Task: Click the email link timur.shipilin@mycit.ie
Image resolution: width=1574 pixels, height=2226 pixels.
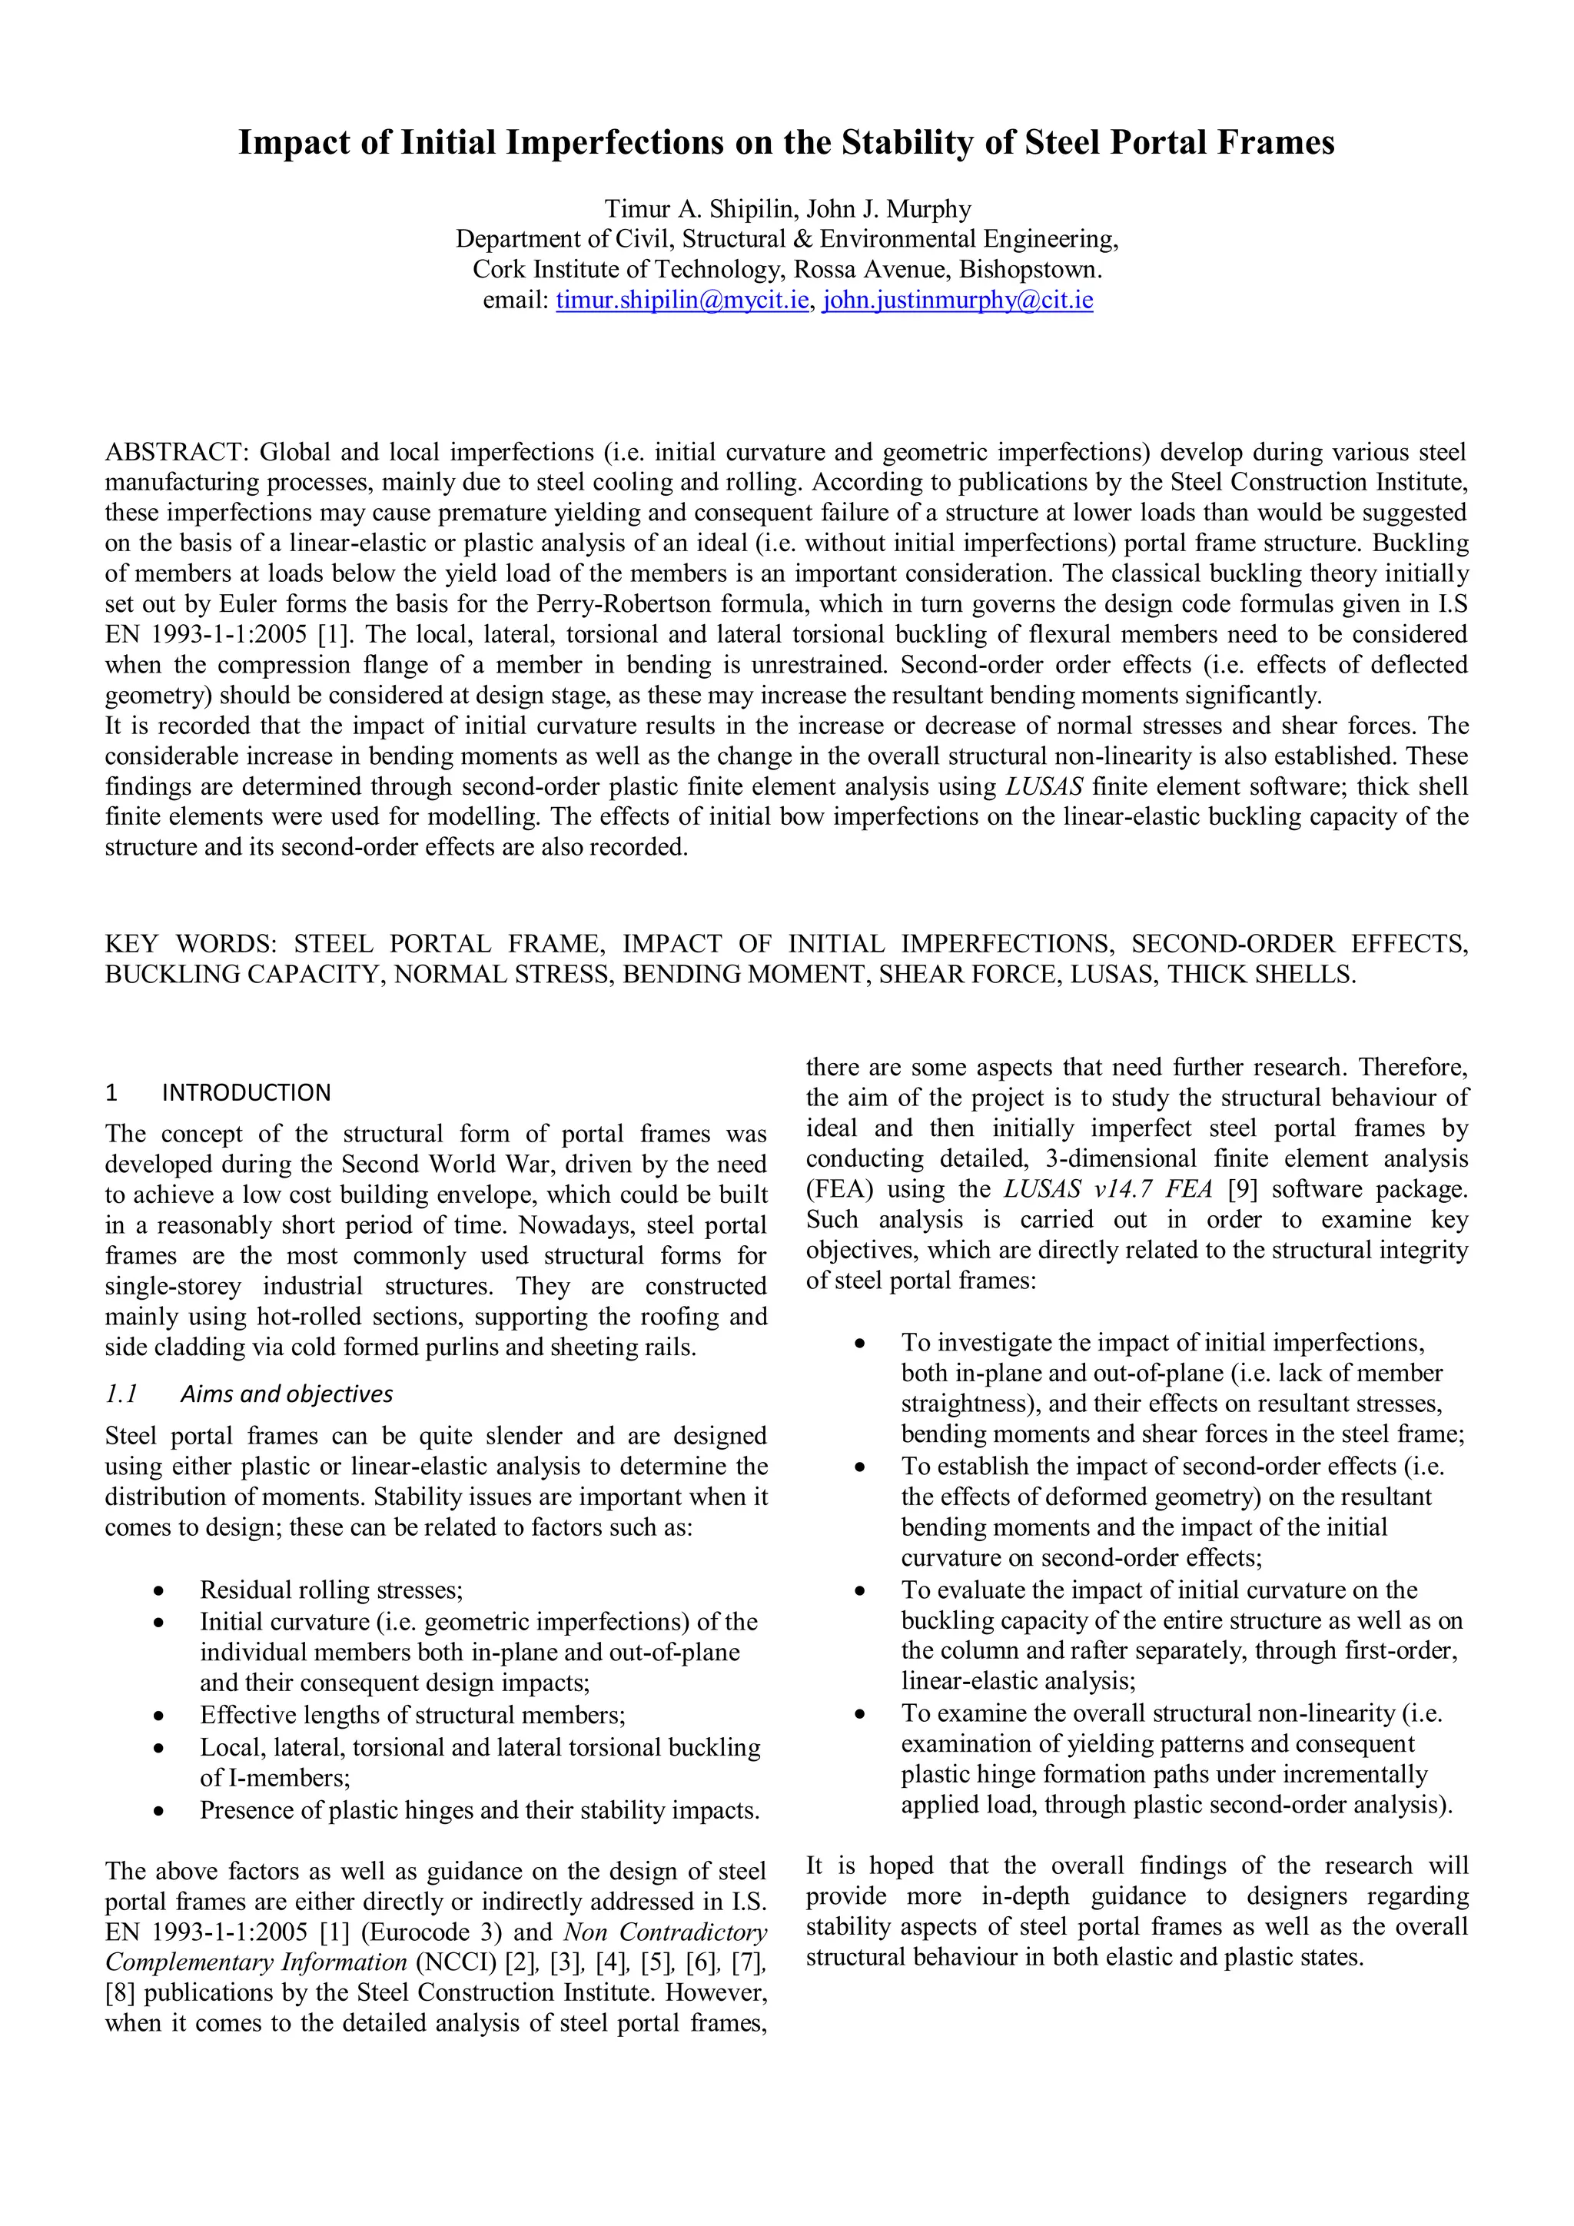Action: point(682,301)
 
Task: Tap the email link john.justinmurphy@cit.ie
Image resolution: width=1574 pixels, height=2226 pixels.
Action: point(958,301)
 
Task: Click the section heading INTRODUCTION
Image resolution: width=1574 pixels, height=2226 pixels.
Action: point(246,1093)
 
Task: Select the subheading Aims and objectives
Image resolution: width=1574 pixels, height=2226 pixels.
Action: point(287,1394)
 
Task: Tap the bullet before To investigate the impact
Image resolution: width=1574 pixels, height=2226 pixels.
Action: point(860,1344)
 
